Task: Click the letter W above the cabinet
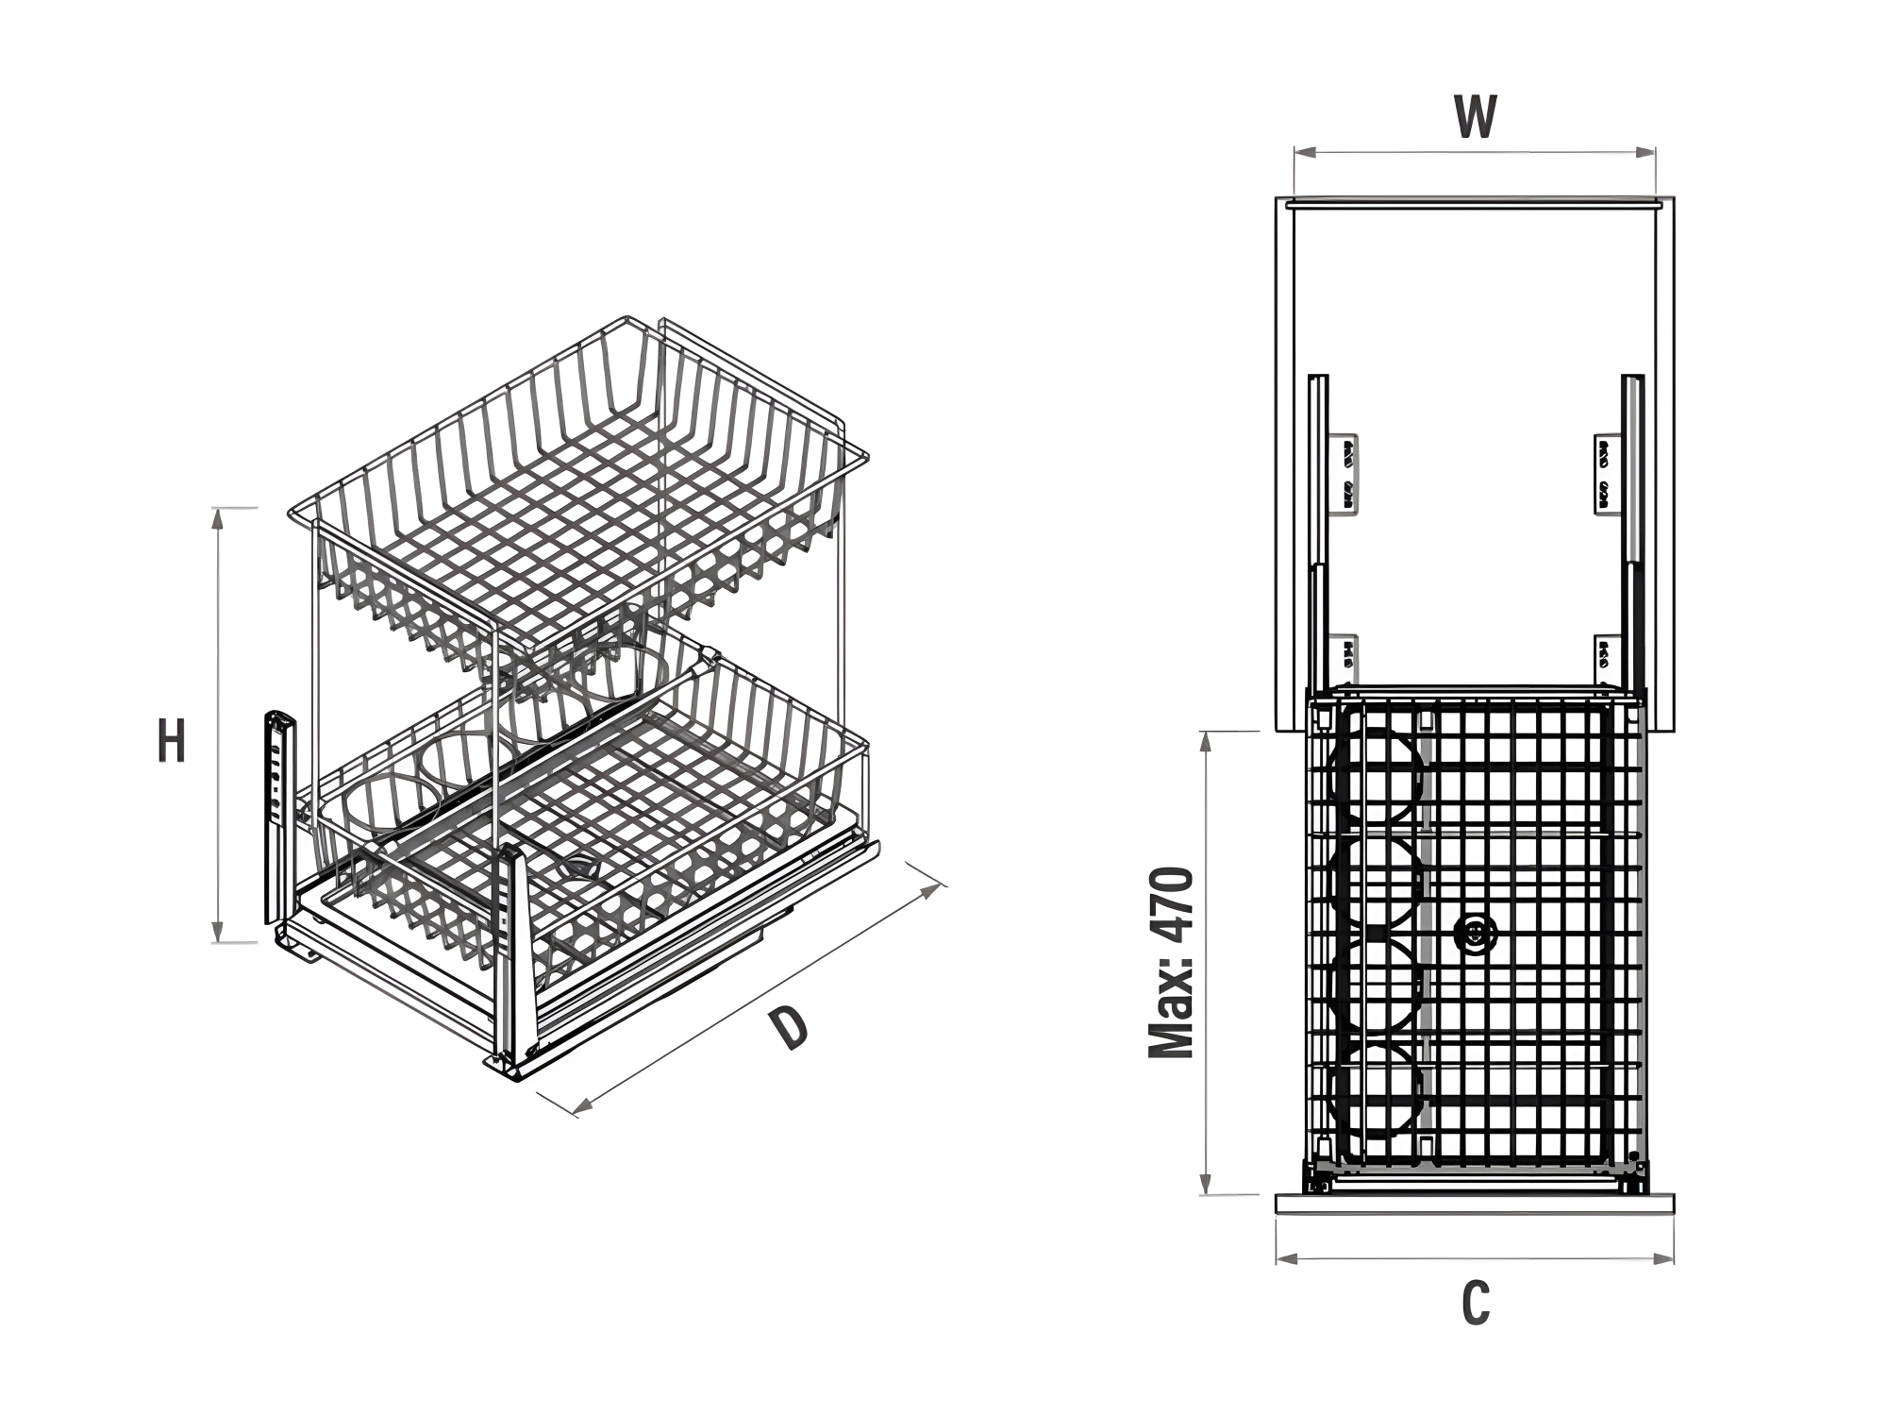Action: coord(1475,117)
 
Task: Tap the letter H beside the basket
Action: coord(171,741)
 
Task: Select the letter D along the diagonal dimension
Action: coord(789,1028)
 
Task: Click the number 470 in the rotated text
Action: coord(1173,906)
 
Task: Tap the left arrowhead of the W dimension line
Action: coord(1303,151)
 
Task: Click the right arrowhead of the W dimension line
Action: coord(1646,151)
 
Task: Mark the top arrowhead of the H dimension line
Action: coord(219,518)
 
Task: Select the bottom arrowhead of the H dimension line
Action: coord(219,931)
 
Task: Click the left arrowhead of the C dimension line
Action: coord(1286,1258)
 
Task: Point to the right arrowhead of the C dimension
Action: coord(1664,1258)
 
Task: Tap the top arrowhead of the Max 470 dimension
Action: coord(1206,742)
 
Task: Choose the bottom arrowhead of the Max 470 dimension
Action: coord(1206,1184)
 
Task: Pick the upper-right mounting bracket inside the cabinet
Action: coord(1608,475)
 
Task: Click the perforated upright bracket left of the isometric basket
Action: coord(279,817)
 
